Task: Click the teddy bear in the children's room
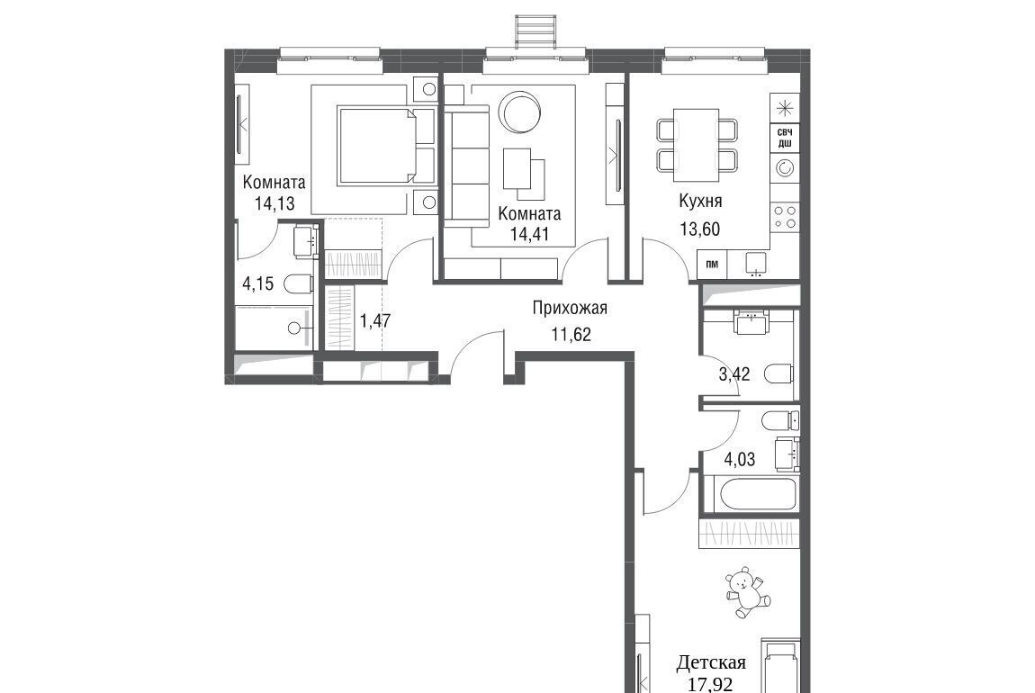747,591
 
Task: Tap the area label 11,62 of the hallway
571,335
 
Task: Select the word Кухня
700,200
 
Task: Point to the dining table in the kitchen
696,145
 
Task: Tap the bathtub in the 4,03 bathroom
751,494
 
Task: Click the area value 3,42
734,374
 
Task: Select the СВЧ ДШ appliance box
785,138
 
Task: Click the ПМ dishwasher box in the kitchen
712,265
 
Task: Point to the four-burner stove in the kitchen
785,216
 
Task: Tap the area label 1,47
375,321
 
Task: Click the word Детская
712,662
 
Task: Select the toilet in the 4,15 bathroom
298,284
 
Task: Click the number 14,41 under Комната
529,233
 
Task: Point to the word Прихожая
570,308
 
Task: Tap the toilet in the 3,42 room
778,374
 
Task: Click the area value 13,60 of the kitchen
699,229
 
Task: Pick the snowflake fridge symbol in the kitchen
785,108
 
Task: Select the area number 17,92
710,684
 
